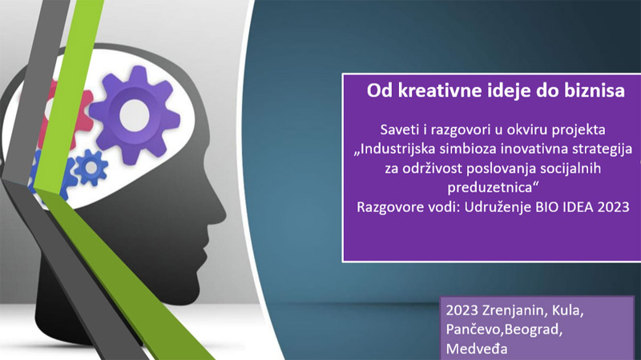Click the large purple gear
click(135, 115)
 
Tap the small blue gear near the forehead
click(91, 167)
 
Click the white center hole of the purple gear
click(135, 115)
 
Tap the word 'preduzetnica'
click(490, 188)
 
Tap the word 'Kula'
click(568, 310)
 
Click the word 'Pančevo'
click(474, 330)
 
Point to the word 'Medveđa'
click(477, 349)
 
